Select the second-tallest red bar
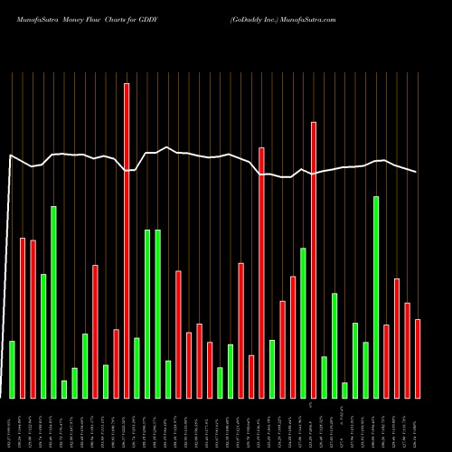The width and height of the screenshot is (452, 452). pyautogui.click(x=314, y=260)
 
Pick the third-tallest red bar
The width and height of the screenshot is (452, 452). pyautogui.click(x=261, y=272)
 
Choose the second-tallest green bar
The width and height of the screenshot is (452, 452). pyautogui.click(x=53, y=302)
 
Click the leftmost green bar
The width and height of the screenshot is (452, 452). pyautogui.click(x=12, y=369)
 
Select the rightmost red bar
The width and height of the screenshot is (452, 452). pyautogui.click(x=418, y=358)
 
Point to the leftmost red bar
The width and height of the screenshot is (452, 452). pyautogui.click(x=23, y=317)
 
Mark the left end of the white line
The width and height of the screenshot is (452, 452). pyautogui.click(x=10, y=155)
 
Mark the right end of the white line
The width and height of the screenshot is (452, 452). pyautogui.click(x=417, y=172)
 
